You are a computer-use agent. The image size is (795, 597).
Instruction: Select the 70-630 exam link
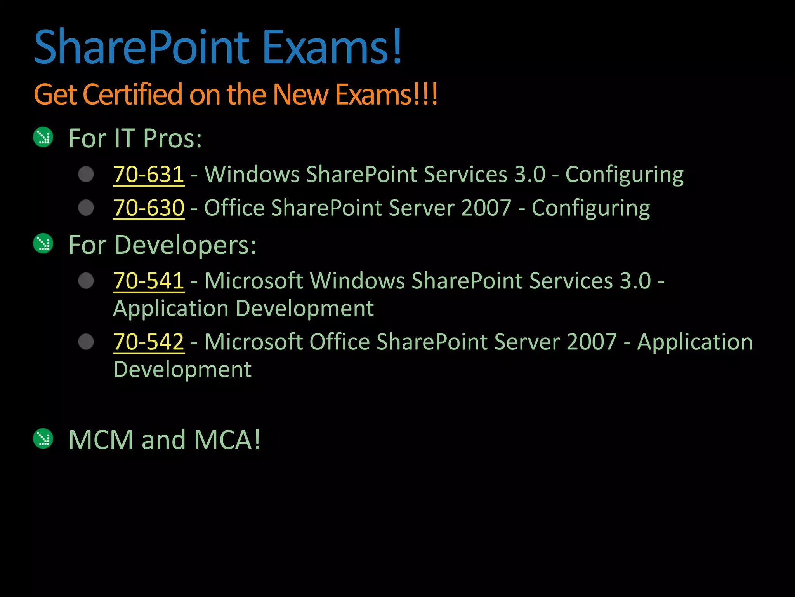148,208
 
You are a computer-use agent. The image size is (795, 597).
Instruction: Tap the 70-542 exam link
148,342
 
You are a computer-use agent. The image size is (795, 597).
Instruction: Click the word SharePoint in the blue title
142,47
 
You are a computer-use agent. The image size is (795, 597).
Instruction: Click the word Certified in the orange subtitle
132,94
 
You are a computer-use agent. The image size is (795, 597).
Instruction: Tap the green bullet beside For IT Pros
43,137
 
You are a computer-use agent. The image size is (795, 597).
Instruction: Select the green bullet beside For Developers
43,244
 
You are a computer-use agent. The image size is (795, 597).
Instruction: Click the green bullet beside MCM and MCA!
43,438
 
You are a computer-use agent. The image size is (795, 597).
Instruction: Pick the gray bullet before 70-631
86,174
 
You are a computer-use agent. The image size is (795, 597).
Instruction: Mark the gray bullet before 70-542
86,342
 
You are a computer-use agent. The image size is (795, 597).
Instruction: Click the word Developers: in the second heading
185,245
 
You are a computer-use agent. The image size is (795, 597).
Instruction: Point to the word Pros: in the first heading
172,138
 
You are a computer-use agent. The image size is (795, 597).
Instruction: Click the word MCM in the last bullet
101,440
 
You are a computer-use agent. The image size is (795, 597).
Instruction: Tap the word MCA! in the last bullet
227,440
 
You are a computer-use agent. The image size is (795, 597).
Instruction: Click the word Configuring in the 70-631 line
624,175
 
